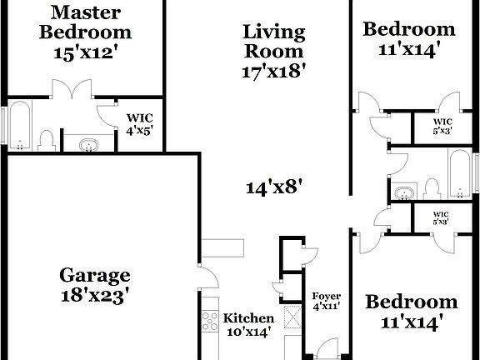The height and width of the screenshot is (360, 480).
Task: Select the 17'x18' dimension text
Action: [269, 71]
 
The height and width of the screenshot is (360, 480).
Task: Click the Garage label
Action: [95, 275]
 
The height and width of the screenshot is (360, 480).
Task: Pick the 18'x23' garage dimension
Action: [95, 296]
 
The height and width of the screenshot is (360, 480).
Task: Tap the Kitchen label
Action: [249, 319]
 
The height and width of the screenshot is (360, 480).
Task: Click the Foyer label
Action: [327, 297]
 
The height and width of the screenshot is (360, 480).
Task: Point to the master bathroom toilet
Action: [47, 140]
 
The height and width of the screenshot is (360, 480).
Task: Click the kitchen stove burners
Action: [207, 319]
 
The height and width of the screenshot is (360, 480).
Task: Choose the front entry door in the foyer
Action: [327, 349]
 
